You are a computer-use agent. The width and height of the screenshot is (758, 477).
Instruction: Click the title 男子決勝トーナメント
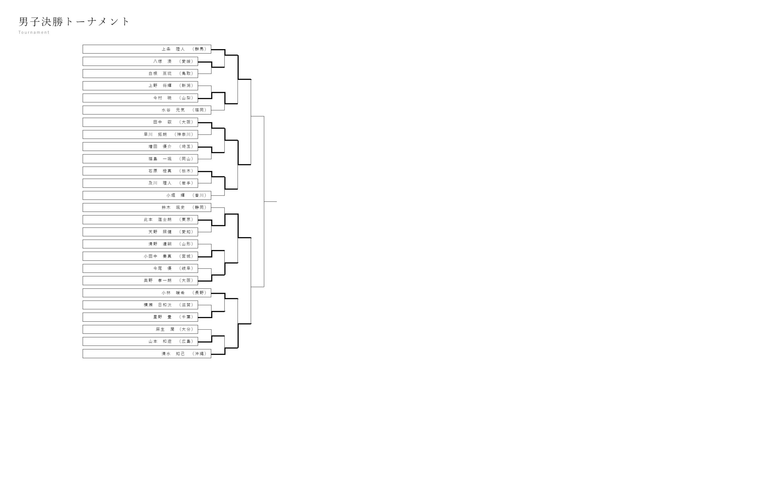[74, 22]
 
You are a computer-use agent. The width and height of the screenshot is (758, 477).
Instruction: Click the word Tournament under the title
[34, 33]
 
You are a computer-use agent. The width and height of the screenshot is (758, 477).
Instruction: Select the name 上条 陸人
[173, 49]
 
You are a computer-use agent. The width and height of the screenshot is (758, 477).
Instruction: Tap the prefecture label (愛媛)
[186, 61]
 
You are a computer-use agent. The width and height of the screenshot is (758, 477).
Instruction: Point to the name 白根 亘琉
[160, 74]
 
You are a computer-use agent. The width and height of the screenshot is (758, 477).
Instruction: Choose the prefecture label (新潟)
[186, 86]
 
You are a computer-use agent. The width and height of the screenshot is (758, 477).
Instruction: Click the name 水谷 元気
[173, 110]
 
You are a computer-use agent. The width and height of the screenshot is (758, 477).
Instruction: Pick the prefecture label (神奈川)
[184, 135]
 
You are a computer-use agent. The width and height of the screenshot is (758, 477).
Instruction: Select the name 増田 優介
[160, 147]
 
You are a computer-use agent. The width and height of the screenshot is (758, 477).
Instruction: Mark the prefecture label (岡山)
[186, 159]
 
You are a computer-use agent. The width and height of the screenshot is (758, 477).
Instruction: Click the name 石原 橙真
[160, 171]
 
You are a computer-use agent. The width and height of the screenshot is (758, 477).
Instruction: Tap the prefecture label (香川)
[199, 195]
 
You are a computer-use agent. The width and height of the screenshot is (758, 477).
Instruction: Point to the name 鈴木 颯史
[173, 208]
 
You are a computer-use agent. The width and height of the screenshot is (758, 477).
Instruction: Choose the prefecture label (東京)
[186, 220]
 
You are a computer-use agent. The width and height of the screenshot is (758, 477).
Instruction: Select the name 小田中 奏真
[158, 257]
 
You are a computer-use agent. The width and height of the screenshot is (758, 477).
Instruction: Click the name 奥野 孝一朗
[158, 281]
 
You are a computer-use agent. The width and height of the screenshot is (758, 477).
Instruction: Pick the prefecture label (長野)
[199, 293]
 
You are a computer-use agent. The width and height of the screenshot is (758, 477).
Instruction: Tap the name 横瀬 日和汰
[158, 305]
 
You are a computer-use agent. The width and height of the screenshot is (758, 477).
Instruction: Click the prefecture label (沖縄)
[199, 354]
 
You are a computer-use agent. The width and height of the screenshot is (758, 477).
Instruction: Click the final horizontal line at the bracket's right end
[270, 202]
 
